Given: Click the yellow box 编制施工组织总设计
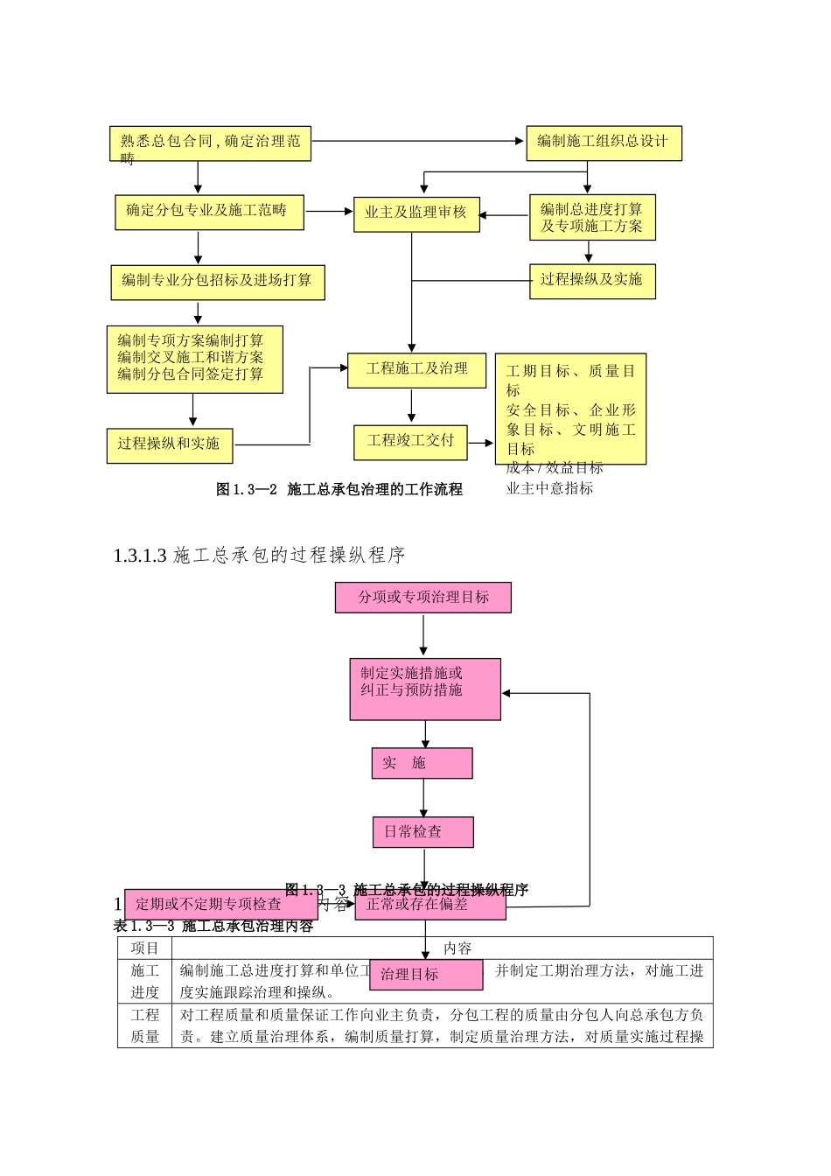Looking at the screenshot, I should pos(604,143).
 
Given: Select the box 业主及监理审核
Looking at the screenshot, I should pos(416,213).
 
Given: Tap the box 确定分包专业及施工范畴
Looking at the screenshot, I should pos(209,212).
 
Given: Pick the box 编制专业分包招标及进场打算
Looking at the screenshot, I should pos(217,282).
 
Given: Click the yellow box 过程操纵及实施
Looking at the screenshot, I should pos(592,281).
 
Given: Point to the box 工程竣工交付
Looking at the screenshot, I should pos(410,442).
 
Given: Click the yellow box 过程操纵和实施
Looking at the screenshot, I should pos(170,445).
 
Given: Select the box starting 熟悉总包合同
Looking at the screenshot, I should pos(210,143).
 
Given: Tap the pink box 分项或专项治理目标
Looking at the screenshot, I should pos(422,598).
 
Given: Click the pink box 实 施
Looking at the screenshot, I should pos(422,763).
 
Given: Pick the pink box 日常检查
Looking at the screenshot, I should pos(422,832).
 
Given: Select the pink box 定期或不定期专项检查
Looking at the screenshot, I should pos(220,905).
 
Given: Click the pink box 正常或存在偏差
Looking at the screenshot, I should pos(429,905).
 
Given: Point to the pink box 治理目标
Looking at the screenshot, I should pos(426,975).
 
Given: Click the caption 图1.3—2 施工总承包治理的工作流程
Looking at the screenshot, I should pos(339,490).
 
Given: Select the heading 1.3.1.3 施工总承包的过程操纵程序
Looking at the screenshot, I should pos(259,555).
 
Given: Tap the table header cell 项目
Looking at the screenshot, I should pos(145,948).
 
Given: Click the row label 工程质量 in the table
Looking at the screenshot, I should pos(145,1025).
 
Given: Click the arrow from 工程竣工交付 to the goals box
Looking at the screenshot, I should pos(480,443).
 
